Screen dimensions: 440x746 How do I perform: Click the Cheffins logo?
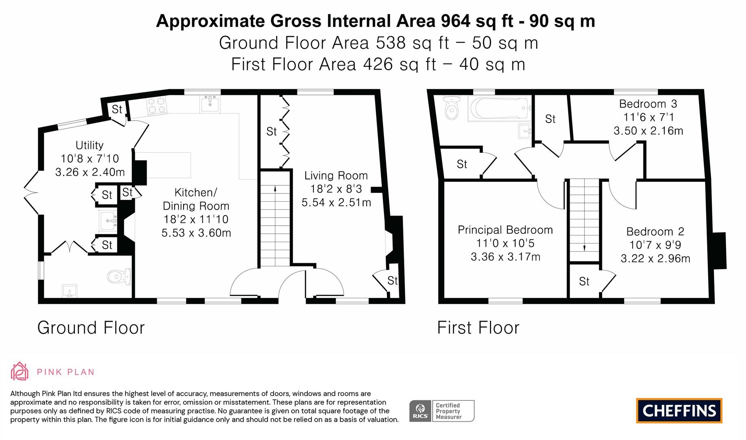[679, 411]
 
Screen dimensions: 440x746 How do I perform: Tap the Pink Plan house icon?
[19, 371]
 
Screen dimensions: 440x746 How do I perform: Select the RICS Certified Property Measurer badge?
[442, 411]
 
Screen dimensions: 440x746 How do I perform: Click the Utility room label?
[89, 145]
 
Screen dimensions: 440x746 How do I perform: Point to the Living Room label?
[336, 176]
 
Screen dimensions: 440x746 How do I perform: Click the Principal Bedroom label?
[505, 230]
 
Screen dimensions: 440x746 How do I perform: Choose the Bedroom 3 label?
[648, 104]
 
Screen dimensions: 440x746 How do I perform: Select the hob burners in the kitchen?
[157, 105]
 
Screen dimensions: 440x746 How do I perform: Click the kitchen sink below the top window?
[210, 104]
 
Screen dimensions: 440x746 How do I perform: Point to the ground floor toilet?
[119, 277]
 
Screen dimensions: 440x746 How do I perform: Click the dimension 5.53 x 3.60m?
[196, 233]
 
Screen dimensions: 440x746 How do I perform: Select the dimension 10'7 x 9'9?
[655, 245]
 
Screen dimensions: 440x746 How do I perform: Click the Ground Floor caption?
[91, 328]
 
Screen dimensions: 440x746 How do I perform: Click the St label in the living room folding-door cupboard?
[271, 132]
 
